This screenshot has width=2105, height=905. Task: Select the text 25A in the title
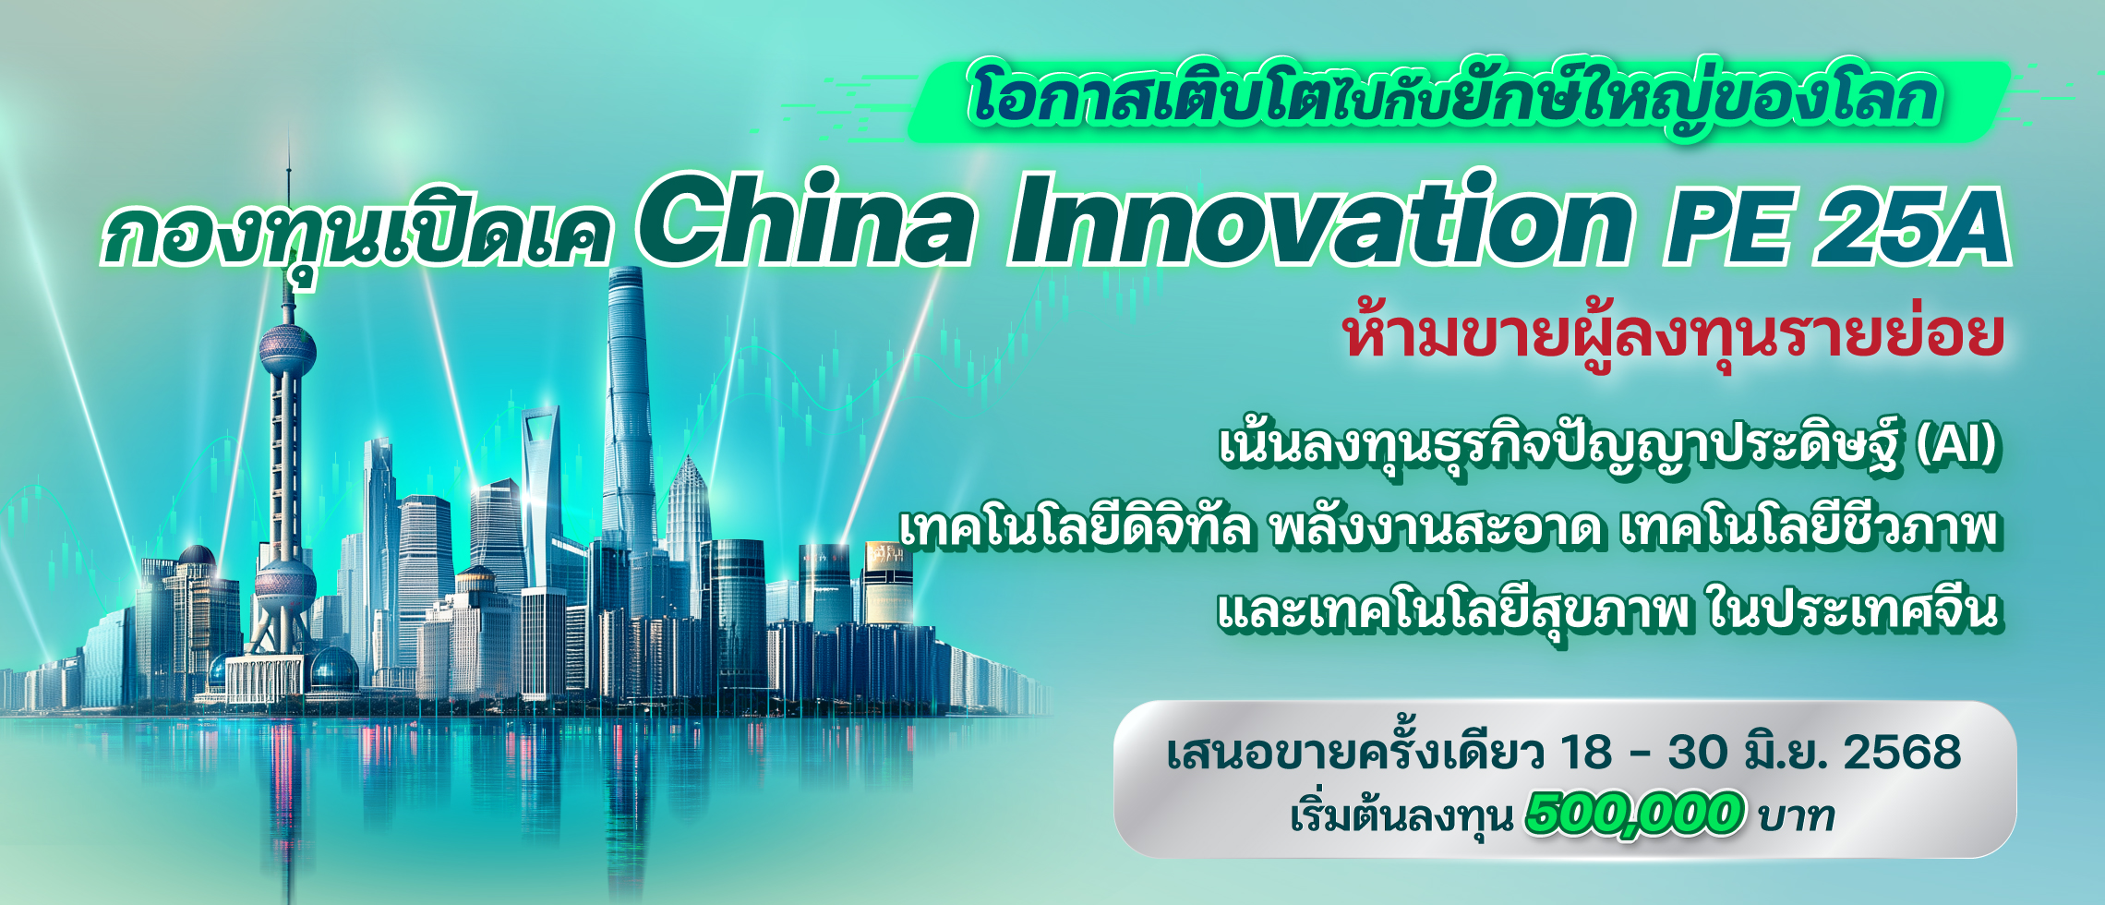point(1911,226)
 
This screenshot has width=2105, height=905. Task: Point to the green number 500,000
point(1635,814)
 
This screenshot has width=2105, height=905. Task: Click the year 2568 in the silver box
point(1902,753)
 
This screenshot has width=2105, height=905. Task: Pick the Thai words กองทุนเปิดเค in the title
point(356,231)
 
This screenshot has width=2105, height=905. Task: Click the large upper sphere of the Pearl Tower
point(286,349)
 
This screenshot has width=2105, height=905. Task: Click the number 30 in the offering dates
point(1697,753)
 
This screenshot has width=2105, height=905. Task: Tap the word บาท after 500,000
point(1797,816)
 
